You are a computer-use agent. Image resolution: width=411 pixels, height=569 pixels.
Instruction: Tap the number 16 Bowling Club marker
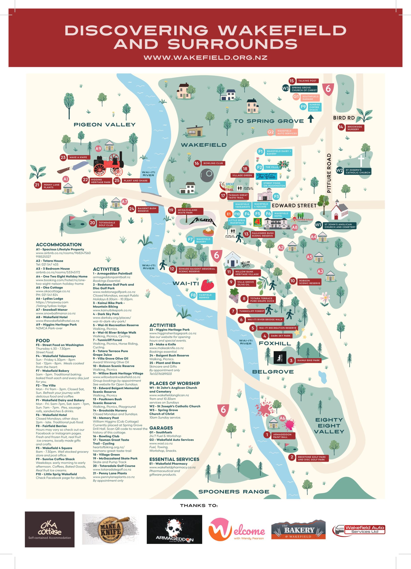click(197, 163)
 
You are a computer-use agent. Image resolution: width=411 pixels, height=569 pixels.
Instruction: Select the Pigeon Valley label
click(105, 125)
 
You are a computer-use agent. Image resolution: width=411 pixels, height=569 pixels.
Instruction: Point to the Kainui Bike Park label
click(308, 360)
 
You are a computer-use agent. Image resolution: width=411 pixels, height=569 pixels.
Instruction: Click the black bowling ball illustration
click(207, 176)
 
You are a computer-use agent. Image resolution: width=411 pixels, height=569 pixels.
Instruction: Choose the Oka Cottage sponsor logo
click(50, 529)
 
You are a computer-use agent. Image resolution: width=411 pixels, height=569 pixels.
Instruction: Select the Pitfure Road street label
click(329, 173)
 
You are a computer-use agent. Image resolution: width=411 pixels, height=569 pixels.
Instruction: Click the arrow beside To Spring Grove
click(311, 118)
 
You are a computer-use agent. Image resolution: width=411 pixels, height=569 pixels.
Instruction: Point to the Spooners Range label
click(234, 492)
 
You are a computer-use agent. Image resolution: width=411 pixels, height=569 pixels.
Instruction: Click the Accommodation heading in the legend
click(59, 245)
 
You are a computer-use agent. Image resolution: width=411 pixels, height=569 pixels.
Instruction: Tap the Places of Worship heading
click(175, 383)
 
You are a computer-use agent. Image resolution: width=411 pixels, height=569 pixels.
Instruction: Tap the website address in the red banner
click(205, 57)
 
